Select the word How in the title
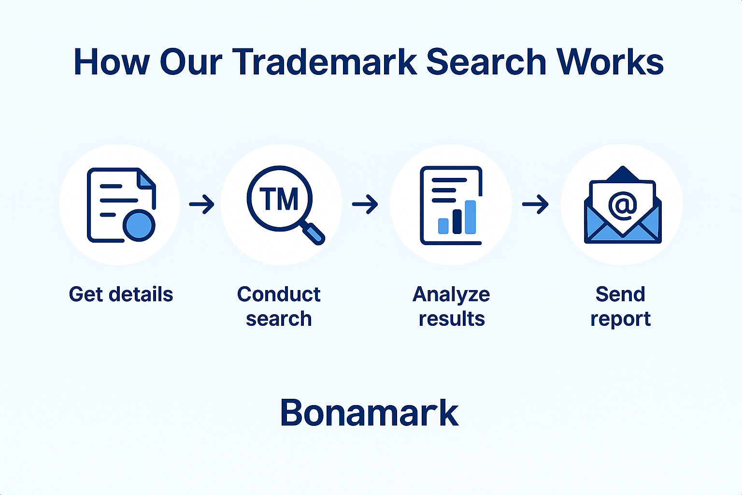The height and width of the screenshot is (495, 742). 112,62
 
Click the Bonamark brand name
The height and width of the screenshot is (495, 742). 370,412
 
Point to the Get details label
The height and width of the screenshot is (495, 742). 121,294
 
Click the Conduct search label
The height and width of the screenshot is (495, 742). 279,306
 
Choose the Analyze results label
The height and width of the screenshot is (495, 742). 451,306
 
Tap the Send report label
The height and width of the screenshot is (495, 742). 620,306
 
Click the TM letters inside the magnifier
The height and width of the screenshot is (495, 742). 279,199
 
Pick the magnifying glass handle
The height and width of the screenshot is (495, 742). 314,234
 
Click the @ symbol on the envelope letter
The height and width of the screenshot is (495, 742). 623,205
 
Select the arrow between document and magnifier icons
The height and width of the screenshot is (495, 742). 202,204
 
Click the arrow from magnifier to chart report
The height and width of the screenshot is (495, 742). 365,204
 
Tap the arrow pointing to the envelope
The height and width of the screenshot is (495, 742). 535,204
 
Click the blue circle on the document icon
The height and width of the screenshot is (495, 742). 139,225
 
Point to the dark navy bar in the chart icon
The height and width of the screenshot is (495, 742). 457,222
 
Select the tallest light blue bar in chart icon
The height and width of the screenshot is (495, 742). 471,217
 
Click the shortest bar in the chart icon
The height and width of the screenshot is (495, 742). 443,226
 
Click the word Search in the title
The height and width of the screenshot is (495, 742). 486,62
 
